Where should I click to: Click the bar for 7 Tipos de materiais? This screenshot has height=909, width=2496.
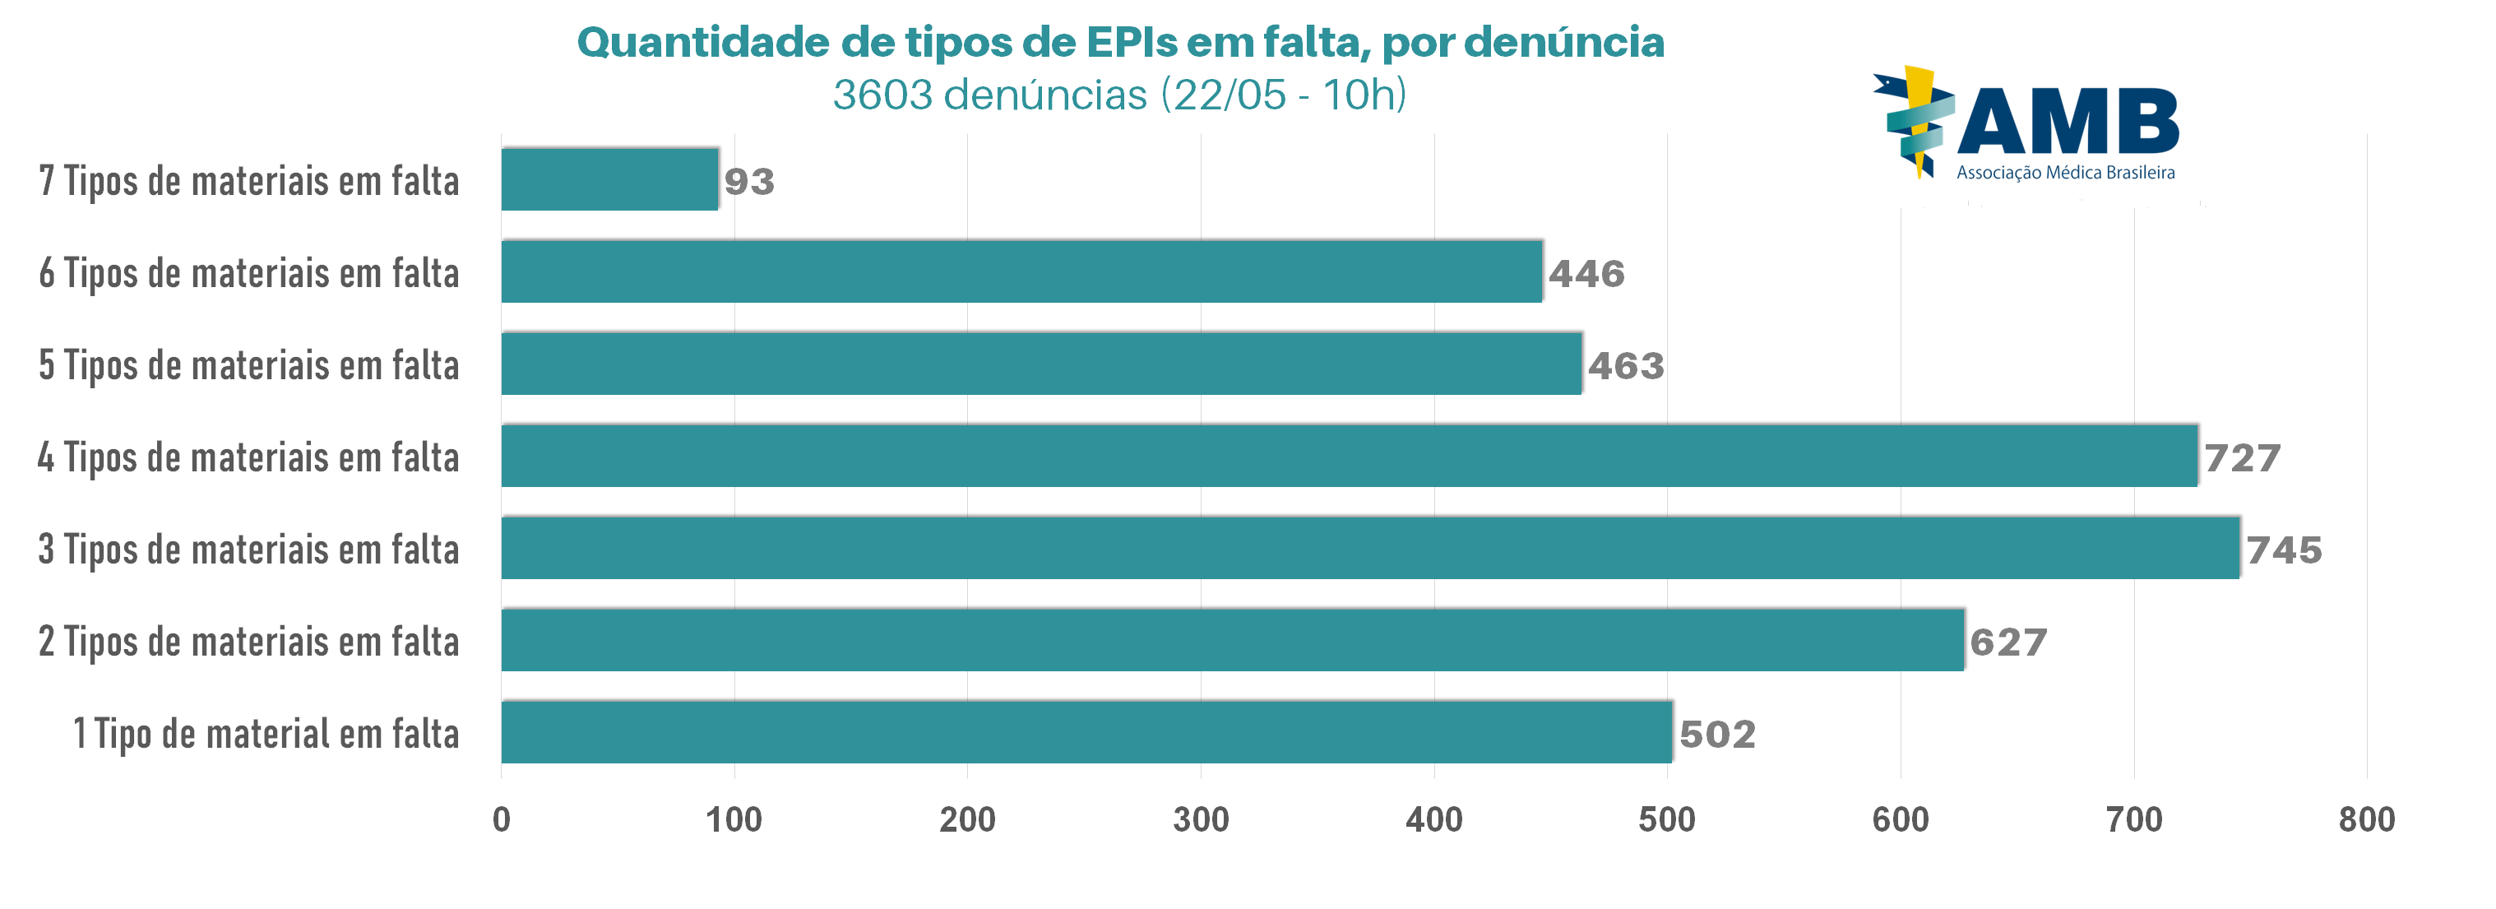coord(609,179)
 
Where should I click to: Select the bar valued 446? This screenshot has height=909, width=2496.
coord(1021,271)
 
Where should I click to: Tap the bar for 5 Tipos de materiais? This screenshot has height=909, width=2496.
coord(1042,364)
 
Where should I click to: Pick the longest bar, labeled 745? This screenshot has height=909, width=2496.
coord(1370,548)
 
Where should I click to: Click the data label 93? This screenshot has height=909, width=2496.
coord(749,181)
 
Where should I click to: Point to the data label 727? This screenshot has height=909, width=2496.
coord(2242,457)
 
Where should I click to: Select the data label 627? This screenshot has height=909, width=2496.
coord(2007,642)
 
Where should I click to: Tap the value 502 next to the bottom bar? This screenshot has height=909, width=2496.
coord(1717,734)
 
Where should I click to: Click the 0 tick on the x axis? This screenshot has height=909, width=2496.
coord(501,820)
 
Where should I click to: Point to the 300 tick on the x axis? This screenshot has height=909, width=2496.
coord(1201,820)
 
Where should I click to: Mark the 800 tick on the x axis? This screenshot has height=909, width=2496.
coord(2366,820)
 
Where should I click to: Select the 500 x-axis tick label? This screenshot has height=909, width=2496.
coord(1666,820)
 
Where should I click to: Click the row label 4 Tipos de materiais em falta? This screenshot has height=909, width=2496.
coord(248,457)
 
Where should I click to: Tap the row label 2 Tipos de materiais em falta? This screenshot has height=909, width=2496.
coord(248,642)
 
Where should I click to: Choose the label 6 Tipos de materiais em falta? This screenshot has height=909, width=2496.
coord(248,273)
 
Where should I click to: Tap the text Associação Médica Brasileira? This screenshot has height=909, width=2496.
coord(2065,173)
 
